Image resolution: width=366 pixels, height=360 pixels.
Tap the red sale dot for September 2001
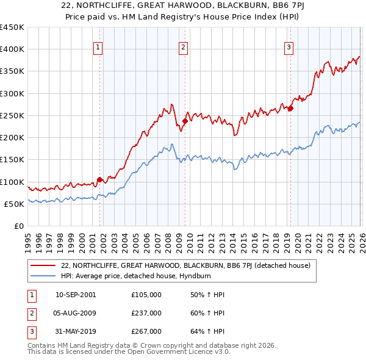point(99,180)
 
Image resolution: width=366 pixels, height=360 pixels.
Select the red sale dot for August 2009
point(185,121)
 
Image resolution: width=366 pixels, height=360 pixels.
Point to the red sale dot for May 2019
point(291,109)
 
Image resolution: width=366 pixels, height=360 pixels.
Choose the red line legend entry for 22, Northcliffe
point(185,265)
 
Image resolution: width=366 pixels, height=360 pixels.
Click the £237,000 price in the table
point(146,313)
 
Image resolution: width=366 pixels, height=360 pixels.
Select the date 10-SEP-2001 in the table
point(76,295)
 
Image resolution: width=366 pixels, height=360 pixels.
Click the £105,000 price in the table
point(146,295)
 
